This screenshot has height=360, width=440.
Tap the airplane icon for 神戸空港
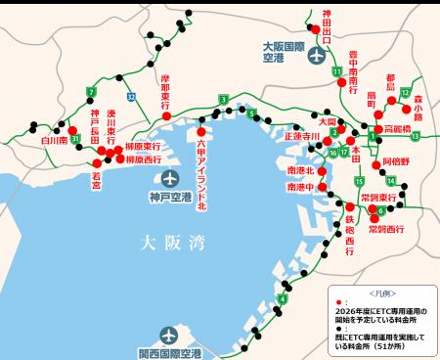(x=171, y=178)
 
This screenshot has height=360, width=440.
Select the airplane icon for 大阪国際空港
(x=316, y=55)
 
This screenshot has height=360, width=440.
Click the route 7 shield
(x=91, y=93)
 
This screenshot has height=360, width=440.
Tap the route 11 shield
(x=336, y=71)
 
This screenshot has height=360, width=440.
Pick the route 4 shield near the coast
(x=283, y=298)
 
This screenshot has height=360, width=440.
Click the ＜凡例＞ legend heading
(x=381, y=292)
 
